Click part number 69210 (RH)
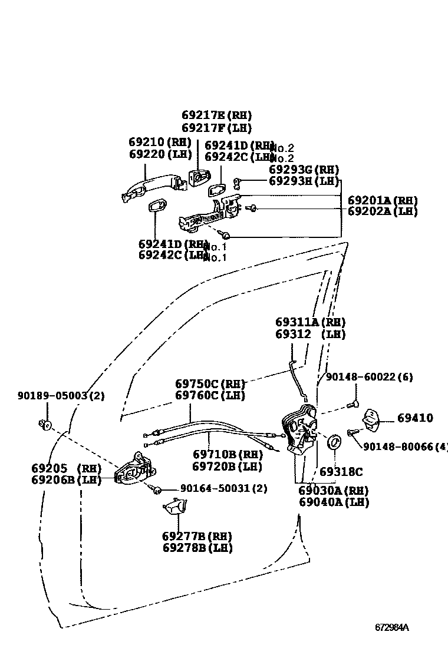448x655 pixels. point(160,142)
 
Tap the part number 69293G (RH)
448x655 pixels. point(304,169)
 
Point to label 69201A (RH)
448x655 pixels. point(382,200)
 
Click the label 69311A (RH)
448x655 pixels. point(310,322)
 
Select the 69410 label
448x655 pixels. point(415,418)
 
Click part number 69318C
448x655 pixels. point(341,472)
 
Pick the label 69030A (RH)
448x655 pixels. point(333,490)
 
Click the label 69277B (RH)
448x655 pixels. point(197,536)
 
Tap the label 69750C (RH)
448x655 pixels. point(210,383)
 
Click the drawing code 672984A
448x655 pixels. point(392,627)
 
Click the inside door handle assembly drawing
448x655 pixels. point(134,471)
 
